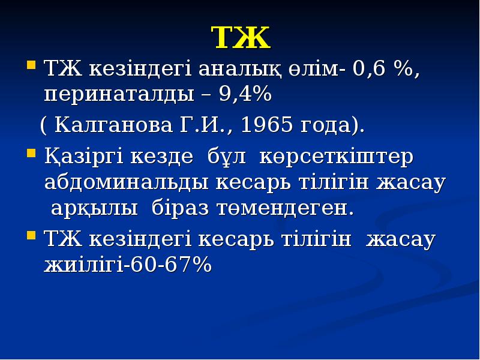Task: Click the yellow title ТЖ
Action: [x=241, y=38]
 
